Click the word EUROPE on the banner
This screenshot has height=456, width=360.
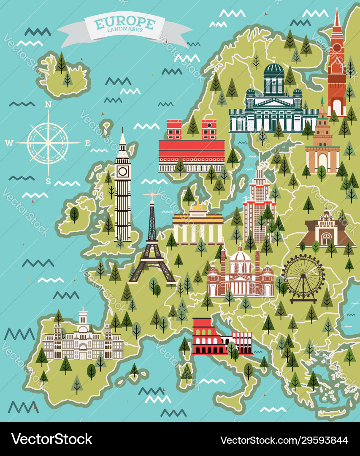(x=125, y=22)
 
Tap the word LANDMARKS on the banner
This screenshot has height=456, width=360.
(x=125, y=30)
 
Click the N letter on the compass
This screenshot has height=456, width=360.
(x=48, y=104)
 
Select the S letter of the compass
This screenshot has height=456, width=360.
(x=48, y=182)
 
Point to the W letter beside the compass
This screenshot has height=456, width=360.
(x=9, y=143)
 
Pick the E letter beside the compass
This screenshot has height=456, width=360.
(x=87, y=143)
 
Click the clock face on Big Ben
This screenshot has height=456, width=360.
(x=123, y=171)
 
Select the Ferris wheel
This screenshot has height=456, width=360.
(x=303, y=277)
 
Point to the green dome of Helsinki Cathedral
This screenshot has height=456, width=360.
(x=273, y=68)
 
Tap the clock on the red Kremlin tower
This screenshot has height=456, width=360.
(x=337, y=48)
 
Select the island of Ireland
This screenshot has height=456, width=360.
(x=78, y=215)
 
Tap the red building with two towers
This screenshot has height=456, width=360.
(x=192, y=146)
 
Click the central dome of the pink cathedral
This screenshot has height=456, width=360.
(x=240, y=256)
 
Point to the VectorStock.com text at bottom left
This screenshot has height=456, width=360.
(x=51, y=439)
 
